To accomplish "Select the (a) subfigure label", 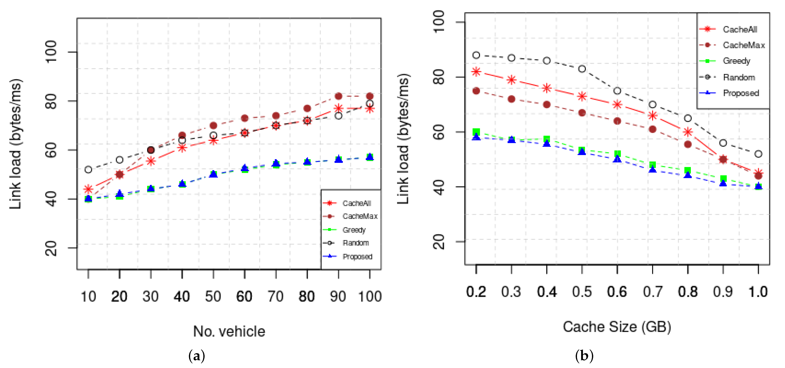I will tap(196, 356).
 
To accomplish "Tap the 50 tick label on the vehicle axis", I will tap(213, 296).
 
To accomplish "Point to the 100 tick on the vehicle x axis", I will tap(370, 296).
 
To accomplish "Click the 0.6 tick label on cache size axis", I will tap(617, 292).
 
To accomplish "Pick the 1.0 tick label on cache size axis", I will tap(758, 292).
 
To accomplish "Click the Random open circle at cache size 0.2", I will tap(476, 55).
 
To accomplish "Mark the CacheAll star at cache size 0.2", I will tap(476, 72).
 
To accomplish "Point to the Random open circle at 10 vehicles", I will tap(88, 169).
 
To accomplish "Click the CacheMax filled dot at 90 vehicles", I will tap(338, 96).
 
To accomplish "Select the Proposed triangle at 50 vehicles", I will tap(213, 174).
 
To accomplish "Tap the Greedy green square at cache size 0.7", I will tap(652, 165).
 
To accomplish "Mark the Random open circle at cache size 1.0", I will tap(758, 154).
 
